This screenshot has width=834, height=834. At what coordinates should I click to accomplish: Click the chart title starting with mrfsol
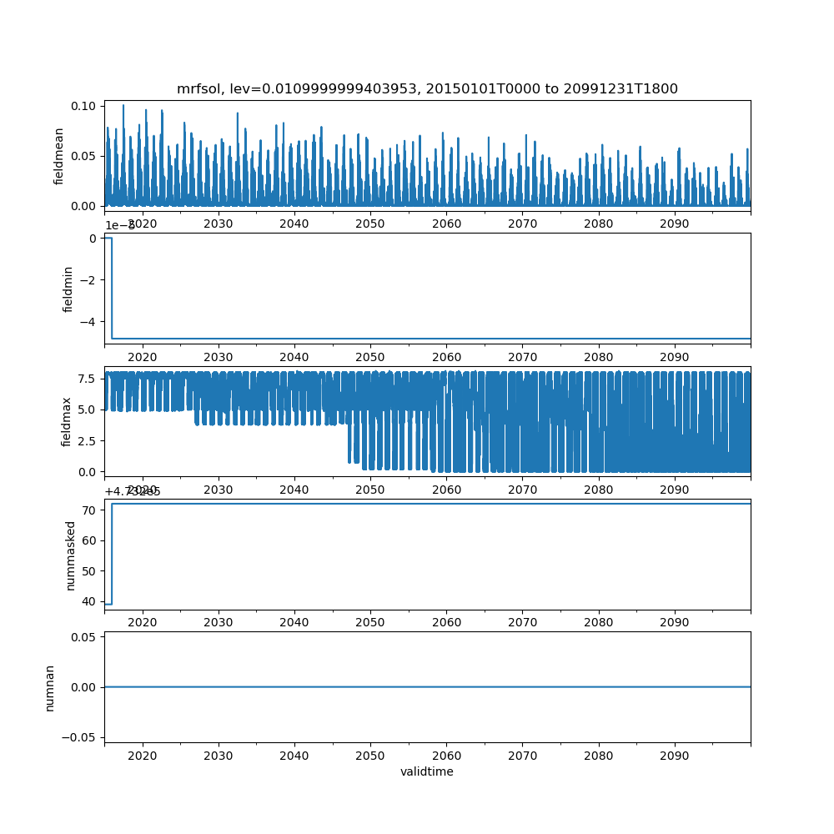pyautogui.click(x=427, y=88)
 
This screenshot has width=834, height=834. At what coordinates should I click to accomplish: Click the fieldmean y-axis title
pyautogui.click(x=59, y=154)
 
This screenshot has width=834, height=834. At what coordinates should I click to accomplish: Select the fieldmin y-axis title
pyautogui.click(x=68, y=289)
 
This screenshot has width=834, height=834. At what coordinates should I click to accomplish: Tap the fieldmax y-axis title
pyautogui.click(x=67, y=420)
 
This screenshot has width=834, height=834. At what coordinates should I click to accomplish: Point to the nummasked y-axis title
pyautogui.click(x=71, y=555)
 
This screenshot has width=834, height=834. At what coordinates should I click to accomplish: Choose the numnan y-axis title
pyautogui.click(x=50, y=687)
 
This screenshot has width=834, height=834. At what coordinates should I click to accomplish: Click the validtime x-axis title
pyautogui.click(x=427, y=771)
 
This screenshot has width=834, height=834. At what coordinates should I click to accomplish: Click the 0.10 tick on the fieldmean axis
pyautogui.click(x=86, y=106)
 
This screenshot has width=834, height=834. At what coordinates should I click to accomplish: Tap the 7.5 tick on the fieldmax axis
pyautogui.click(x=88, y=378)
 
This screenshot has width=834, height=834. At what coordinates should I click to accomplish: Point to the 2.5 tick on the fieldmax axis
pyautogui.click(x=88, y=440)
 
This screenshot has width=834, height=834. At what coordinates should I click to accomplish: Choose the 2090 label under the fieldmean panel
pyautogui.click(x=674, y=224)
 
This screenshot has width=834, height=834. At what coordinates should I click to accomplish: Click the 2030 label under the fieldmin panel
pyautogui.click(x=219, y=356)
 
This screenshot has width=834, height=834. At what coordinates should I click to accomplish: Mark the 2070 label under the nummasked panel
pyautogui.click(x=522, y=622)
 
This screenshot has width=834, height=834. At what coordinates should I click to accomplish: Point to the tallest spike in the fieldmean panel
pyautogui.click(x=123, y=106)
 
